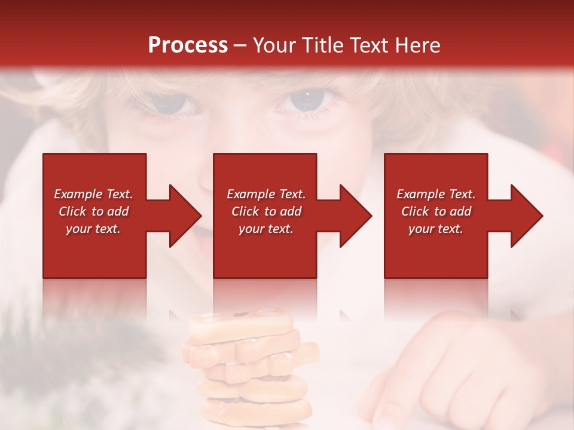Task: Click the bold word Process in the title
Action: pos(188,45)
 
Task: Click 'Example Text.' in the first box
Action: pos(93,194)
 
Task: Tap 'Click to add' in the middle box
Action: pos(266,211)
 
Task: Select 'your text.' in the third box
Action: pos(435,229)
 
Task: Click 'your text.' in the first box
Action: pos(93,229)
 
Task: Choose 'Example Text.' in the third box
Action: pos(436,194)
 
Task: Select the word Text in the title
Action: pos(371,45)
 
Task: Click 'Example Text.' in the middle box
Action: pos(266,194)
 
